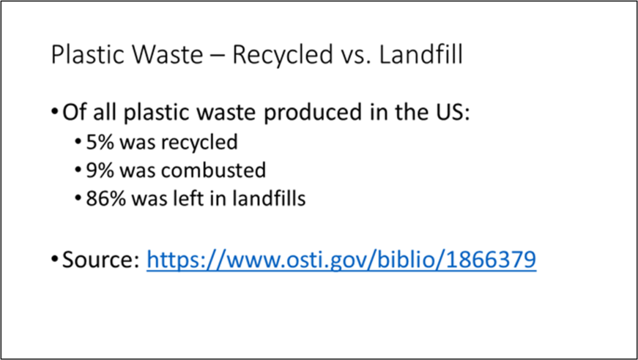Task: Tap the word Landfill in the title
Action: coord(421,55)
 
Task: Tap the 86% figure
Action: coord(102,200)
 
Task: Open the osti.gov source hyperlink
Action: coord(341,261)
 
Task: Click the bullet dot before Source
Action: coord(55,261)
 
